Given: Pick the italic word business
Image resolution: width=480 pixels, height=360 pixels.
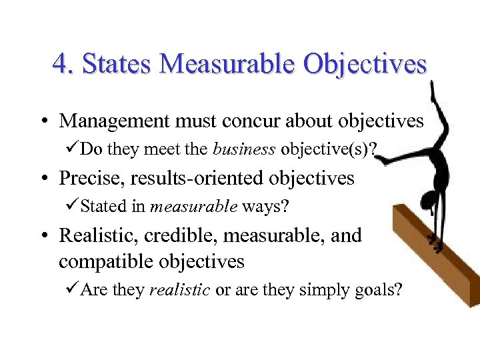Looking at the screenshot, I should (244, 149).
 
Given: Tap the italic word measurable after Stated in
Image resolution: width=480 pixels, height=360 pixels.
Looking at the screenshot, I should (194, 207).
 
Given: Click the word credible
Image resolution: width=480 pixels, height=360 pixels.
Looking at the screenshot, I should (183, 235).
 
